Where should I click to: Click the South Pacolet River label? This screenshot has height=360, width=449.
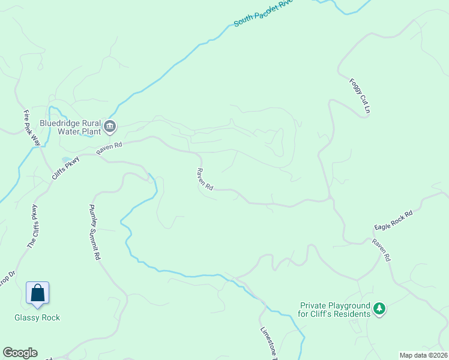[x=263, y=13]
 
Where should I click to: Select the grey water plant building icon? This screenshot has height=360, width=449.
[x=110, y=126]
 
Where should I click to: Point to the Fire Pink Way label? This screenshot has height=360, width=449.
[x=31, y=128]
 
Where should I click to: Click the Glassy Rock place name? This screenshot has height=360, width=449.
[x=37, y=317]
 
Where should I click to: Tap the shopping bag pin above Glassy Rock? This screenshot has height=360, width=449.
[x=37, y=293]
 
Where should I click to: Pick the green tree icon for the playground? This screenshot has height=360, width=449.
[x=379, y=309]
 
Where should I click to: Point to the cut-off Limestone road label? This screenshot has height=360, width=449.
[x=267, y=343]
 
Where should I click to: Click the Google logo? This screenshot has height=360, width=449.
[x=20, y=353]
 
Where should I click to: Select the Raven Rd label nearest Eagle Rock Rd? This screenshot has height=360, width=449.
[x=381, y=250]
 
